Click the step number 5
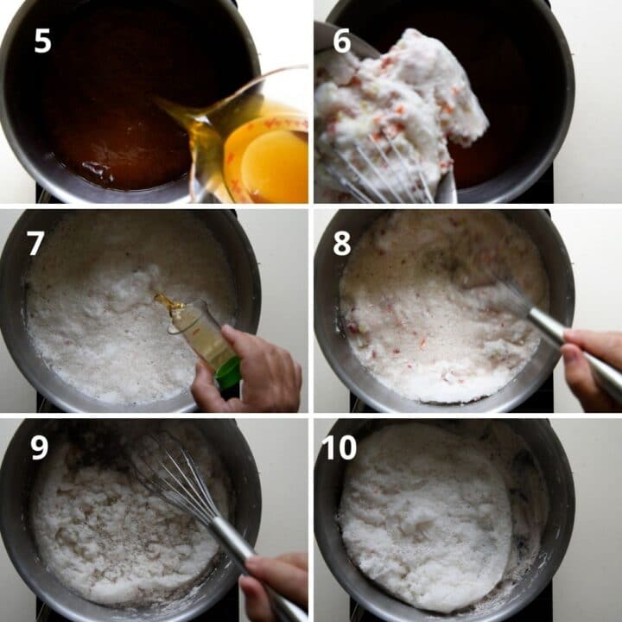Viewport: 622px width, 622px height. coord(42,40)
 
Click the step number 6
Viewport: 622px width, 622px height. coord(342,40)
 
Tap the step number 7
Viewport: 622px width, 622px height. coord(35,243)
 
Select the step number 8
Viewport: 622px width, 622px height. coord(342,243)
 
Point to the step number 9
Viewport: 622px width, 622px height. coord(40,447)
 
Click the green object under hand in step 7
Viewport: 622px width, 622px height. coord(228,374)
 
